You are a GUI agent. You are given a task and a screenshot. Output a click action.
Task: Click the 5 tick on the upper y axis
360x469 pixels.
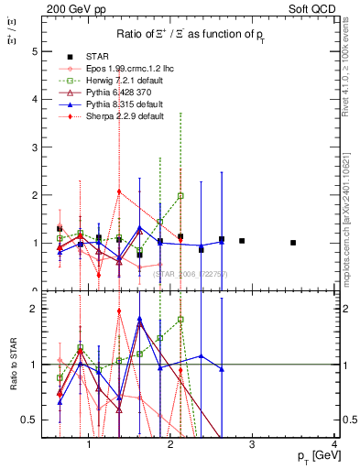tap(35, 52)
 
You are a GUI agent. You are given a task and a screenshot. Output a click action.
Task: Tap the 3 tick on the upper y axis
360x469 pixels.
tap(35, 147)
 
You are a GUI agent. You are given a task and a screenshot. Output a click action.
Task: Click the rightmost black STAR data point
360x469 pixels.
tap(293, 243)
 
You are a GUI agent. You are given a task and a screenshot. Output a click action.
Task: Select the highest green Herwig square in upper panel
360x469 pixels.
tap(180, 196)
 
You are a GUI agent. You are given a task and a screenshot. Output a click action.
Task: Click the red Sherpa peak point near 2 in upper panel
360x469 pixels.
tap(119, 191)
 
